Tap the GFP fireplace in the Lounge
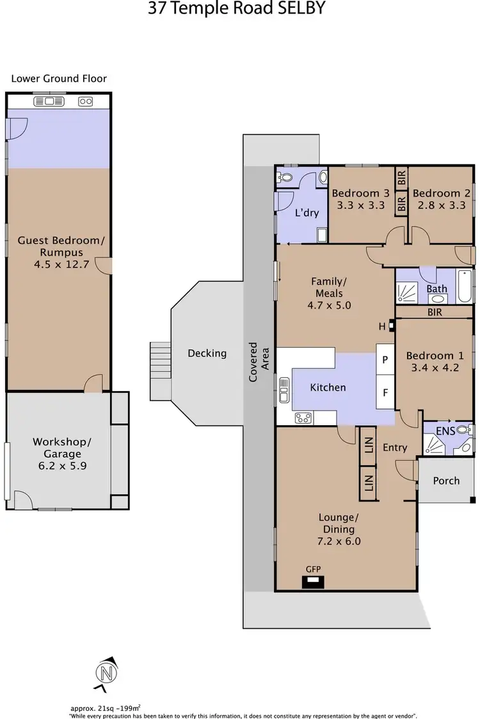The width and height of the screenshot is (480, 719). point(313,581)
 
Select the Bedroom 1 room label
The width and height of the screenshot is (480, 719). point(435,355)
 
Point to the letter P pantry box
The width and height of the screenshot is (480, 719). point(385,360)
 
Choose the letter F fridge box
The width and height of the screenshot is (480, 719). point(385,392)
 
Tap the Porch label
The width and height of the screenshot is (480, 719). point(446,480)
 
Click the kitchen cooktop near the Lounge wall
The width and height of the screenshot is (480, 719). point(303,418)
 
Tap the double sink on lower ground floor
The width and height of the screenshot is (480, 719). point(48,101)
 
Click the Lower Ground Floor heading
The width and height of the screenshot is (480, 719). point(59,79)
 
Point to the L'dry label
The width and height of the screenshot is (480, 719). point(307,213)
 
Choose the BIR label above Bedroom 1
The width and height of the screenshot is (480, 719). point(436,312)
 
